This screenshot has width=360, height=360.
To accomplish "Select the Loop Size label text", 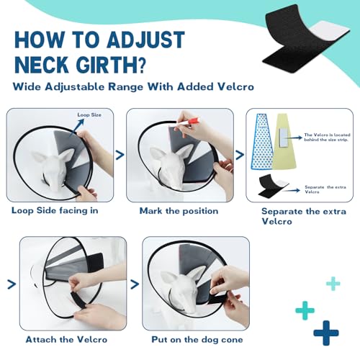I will (90, 114).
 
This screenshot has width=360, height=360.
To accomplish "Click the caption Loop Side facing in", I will (54, 210).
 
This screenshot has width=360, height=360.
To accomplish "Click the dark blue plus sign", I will (326, 332).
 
